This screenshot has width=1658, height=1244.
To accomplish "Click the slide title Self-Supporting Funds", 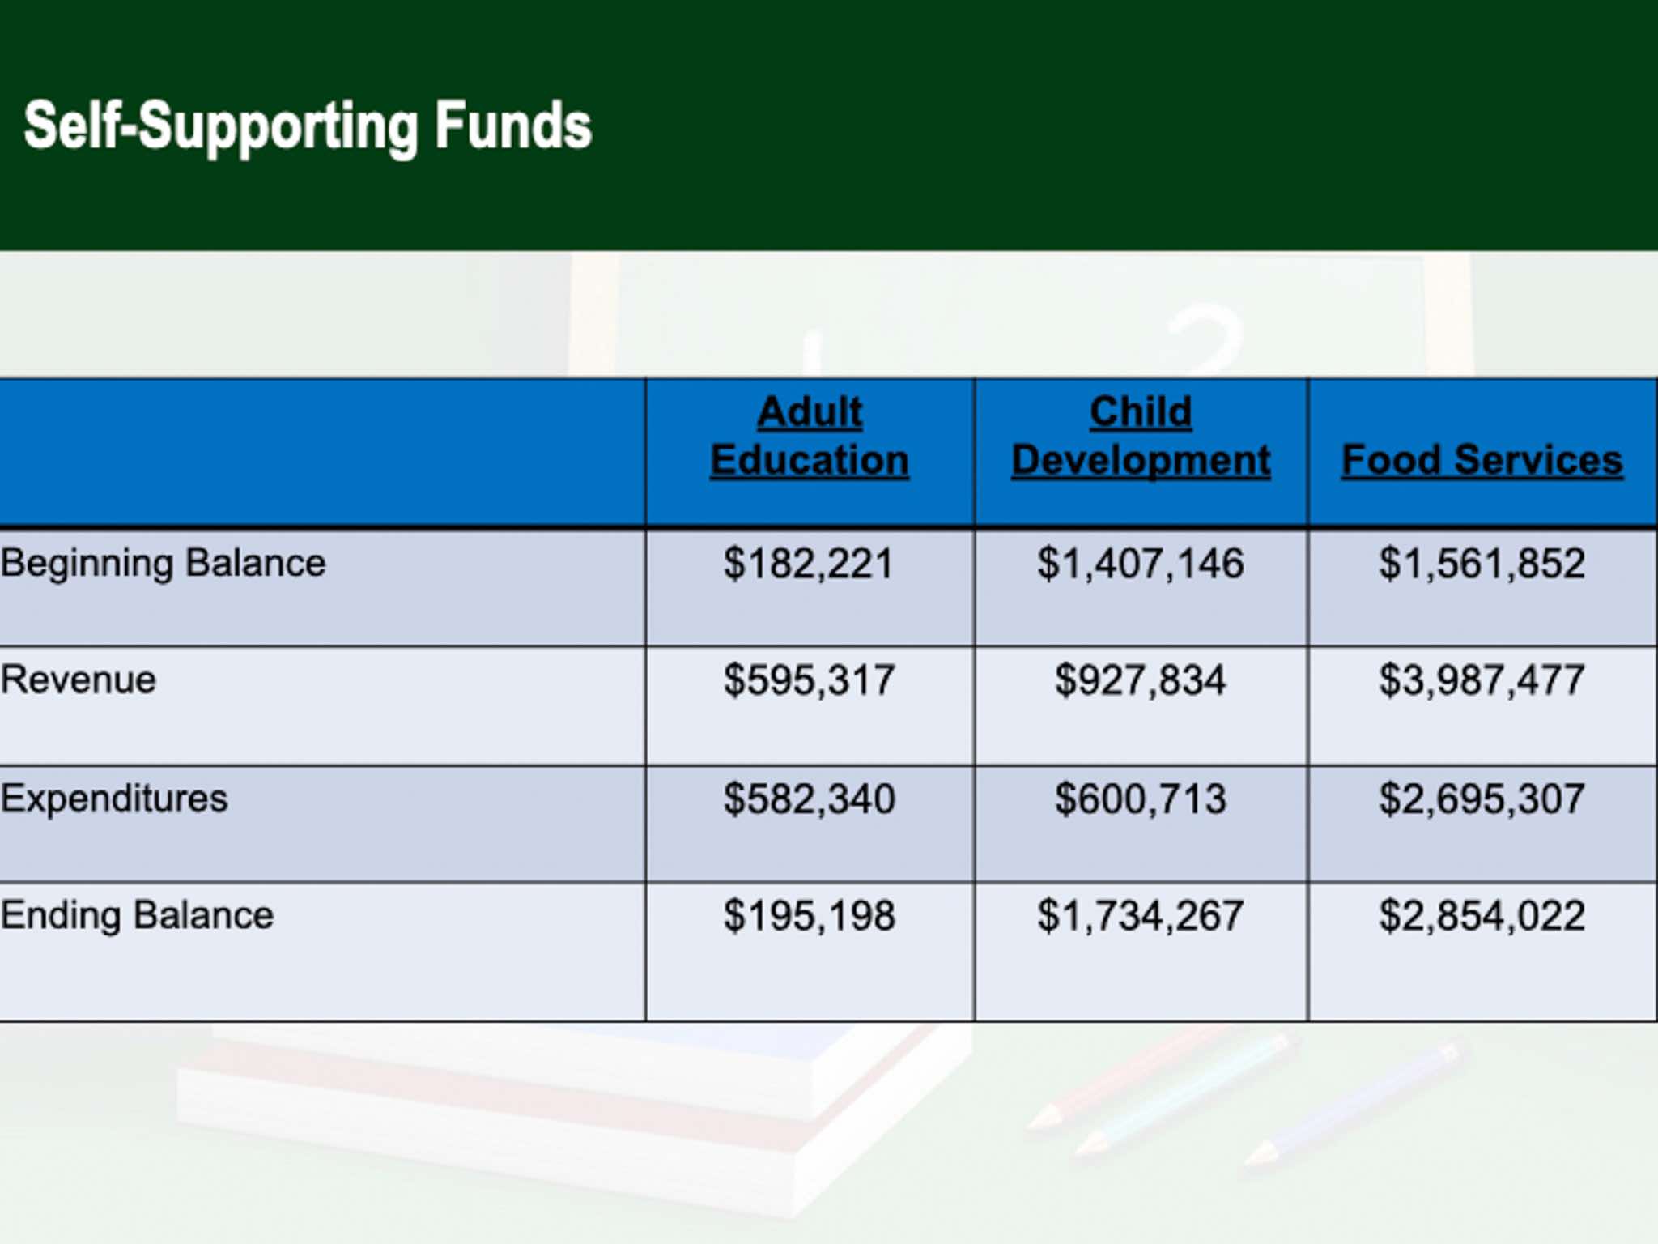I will (x=308, y=126).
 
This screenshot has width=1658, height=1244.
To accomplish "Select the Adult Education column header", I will (x=810, y=437).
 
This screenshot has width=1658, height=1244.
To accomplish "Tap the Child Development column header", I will (x=1141, y=437).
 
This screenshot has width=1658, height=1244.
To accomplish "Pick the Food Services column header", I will (x=1482, y=460).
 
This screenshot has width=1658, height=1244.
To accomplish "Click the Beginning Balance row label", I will (x=163, y=563).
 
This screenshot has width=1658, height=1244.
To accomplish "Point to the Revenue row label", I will (x=79, y=680).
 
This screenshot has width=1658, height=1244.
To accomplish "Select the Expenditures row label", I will (x=114, y=799).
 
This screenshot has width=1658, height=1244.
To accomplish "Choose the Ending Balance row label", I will (x=137, y=915).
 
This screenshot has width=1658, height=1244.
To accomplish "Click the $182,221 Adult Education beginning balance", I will (x=809, y=564).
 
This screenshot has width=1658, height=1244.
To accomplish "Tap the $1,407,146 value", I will (x=1141, y=564).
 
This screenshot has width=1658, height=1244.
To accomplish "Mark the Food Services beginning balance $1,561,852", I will (x=1482, y=564).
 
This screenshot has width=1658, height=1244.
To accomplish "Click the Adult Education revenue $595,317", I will (x=809, y=680).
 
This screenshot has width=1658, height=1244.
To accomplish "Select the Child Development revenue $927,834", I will (x=1141, y=680).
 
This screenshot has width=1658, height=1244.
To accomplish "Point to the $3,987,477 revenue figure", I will (x=1482, y=680).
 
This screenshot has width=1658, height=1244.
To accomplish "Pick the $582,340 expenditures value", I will (x=809, y=799).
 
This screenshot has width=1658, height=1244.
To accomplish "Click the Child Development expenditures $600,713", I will (x=1141, y=799).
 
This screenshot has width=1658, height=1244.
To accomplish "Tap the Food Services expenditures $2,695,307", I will (x=1482, y=799).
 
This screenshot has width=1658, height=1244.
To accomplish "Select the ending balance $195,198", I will (x=809, y=916).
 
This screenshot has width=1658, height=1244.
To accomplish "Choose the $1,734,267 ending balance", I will (x=1141, y=916).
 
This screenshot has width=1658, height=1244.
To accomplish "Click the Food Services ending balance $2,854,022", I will (x=1482, y=916).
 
